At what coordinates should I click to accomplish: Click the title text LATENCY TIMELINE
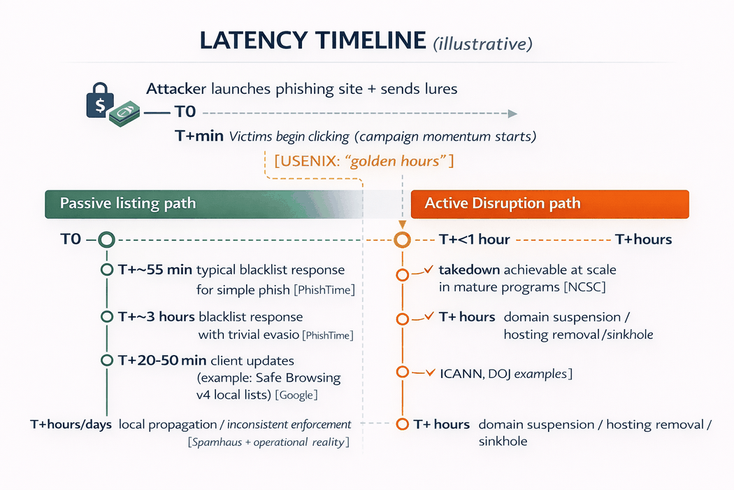pyautogui.click(x=312, y=41)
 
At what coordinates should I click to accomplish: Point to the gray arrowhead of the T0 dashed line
pyautogui.click(x=512, y=113)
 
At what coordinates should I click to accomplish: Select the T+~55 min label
pyautogui.click(x=154, y=270)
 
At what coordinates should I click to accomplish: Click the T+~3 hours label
pyautogui.click(x=157, y=317)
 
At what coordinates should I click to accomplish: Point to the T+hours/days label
pyautogui.click(x=71, y=424)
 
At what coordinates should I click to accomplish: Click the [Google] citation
pyautogui.click(x=296, y=395)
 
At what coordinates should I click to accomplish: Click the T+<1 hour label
pyautogui.click(x=474, y=240)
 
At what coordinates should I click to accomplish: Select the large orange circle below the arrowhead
pyautogui.click(x=402, y=240)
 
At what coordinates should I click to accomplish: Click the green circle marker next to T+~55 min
pyautogui.click(x=107, y=270)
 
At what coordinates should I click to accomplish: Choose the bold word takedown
pyautogui.click(x=468, y=269)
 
